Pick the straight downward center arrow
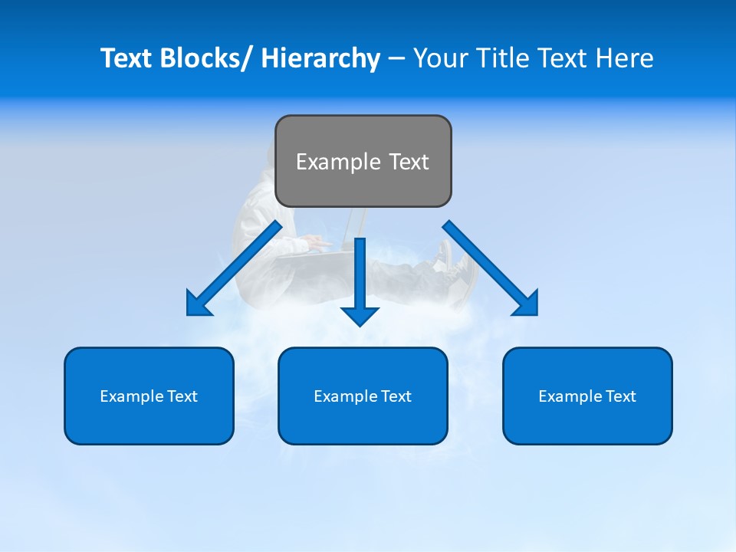point(360,280)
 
